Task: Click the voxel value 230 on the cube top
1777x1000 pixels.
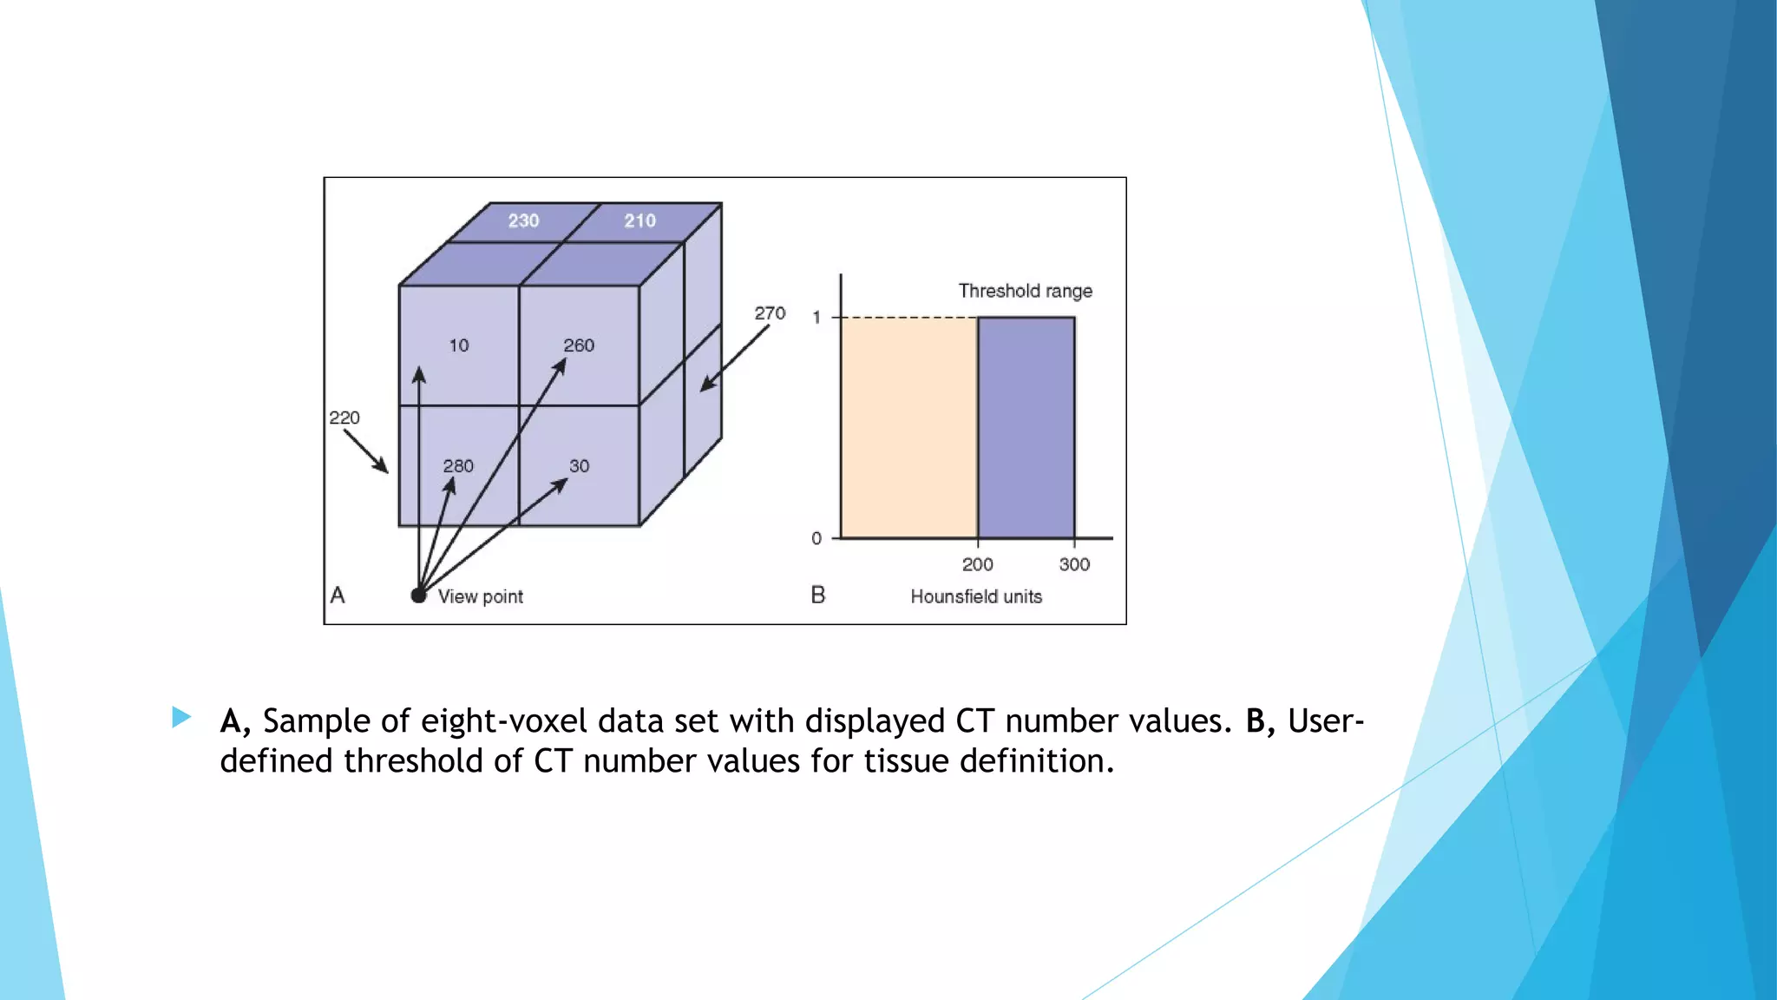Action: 523,220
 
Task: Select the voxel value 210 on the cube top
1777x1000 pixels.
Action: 640,220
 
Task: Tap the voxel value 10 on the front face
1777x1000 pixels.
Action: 459,345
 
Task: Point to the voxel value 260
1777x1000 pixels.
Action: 579,345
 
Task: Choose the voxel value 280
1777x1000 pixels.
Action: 458,466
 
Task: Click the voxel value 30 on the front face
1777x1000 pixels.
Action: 579,466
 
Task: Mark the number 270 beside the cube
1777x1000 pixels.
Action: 770,313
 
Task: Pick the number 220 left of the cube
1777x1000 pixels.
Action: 344,418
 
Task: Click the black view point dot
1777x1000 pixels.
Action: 418,595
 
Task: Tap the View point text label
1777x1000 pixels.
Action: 480,596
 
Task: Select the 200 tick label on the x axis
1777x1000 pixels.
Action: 977,564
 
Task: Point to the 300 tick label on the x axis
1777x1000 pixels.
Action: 1074,564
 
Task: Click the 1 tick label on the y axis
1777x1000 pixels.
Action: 816,318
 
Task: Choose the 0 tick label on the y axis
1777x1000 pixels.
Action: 816,538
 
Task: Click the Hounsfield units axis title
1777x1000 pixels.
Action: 976,596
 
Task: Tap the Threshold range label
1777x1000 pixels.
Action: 1025,291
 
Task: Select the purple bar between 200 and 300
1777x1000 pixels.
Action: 1026,428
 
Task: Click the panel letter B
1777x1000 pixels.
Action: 817,595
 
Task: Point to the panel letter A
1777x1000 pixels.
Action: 338,595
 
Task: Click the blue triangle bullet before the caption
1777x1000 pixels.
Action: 181,716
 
